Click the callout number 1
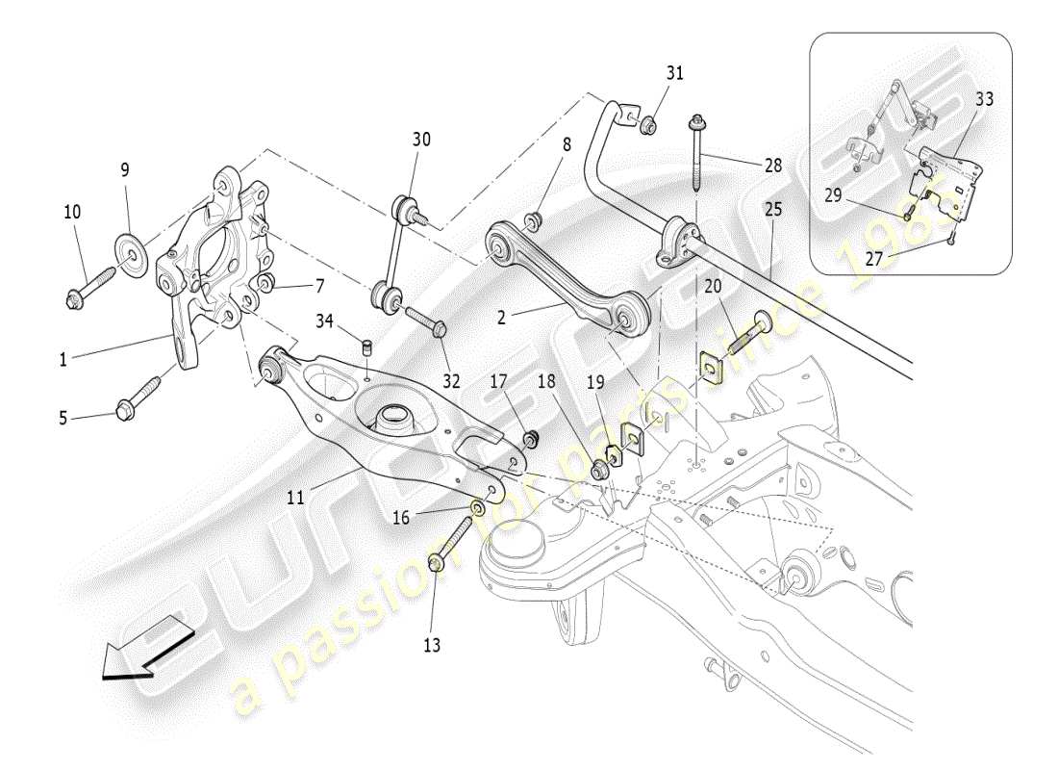coord(63,360)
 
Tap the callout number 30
coord(421,140)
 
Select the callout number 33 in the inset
coord(984,98)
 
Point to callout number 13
coord(432,645)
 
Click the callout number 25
coord(773,209)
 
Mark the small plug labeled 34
coord(366,346)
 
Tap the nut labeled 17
coord(528,441)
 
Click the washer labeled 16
coord(478,506)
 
